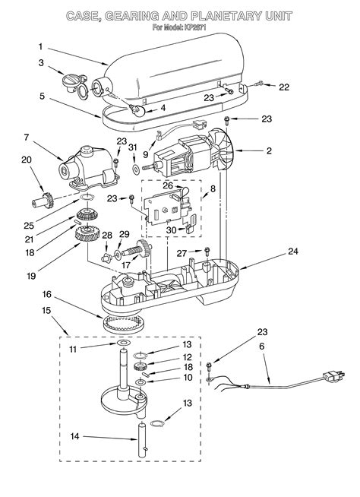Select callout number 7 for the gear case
click(x=27, y=138)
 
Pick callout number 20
click(x=27, y=160)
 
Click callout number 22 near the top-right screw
click(x=283, y=87)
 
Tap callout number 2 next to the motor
click(x=268, y=151)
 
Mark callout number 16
click(x=47, y=293)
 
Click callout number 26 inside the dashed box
click(x=167, y=184)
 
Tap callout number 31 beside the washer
click(x=132, y=147)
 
